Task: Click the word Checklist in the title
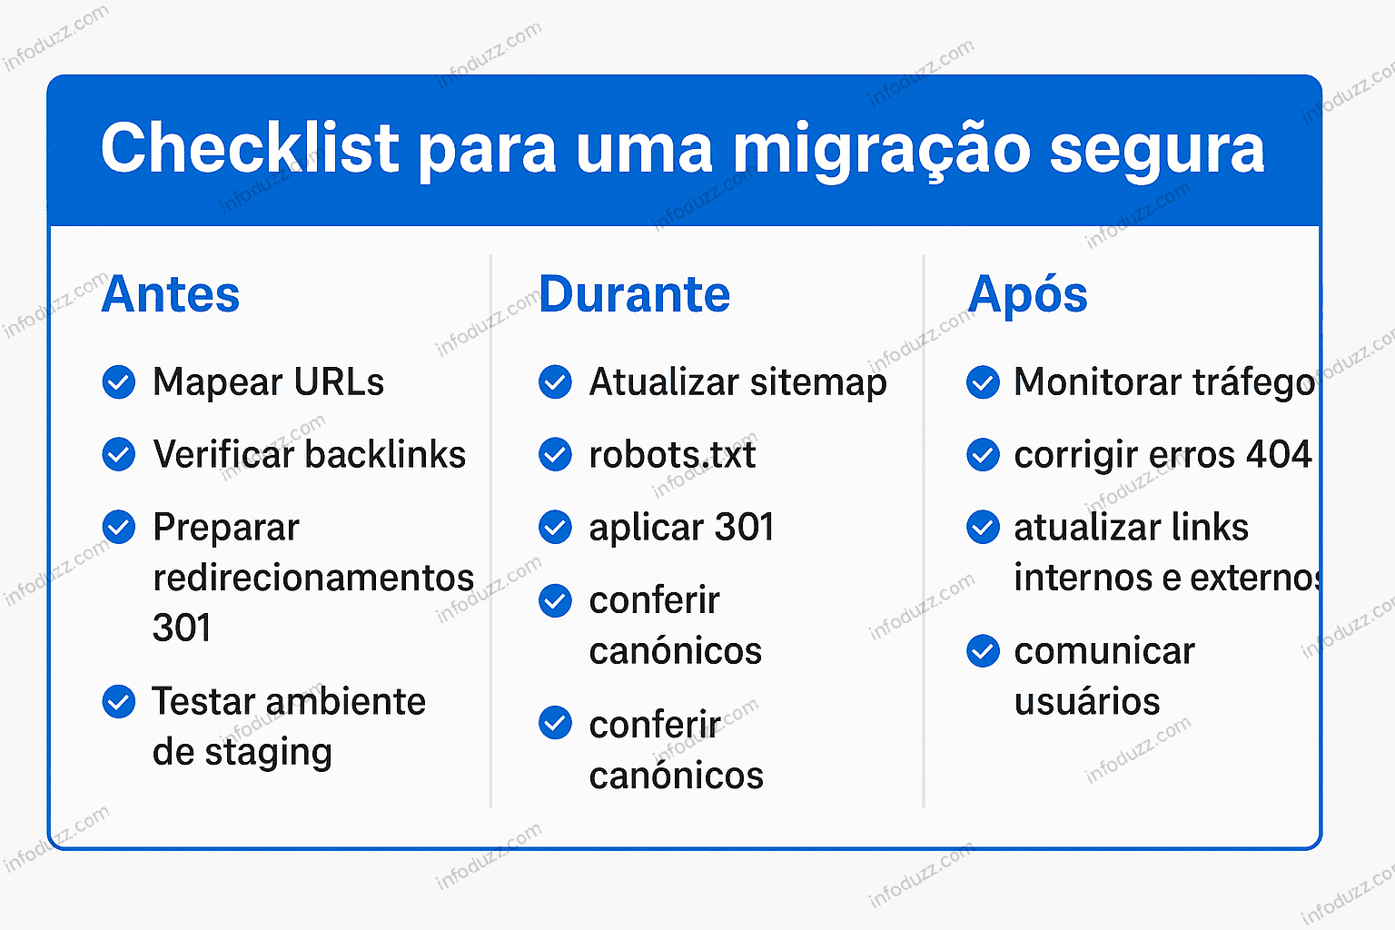point(250,148)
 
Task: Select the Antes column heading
point(171,294)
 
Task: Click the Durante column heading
point(634,294)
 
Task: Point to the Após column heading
point(1027,294)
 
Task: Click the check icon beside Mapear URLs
point(119,382)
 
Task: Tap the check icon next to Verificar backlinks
point(119,454)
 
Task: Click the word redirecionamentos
point(313,578)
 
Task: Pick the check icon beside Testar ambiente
point(119,701)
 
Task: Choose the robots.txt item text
point(672,454)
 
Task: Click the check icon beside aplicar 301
point(555,527)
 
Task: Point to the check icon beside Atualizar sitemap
point(555,382)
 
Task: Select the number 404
point(1279,454)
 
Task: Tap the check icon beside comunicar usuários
point(983,651)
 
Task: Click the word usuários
point(1087,702)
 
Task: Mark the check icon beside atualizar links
point(983,527)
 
